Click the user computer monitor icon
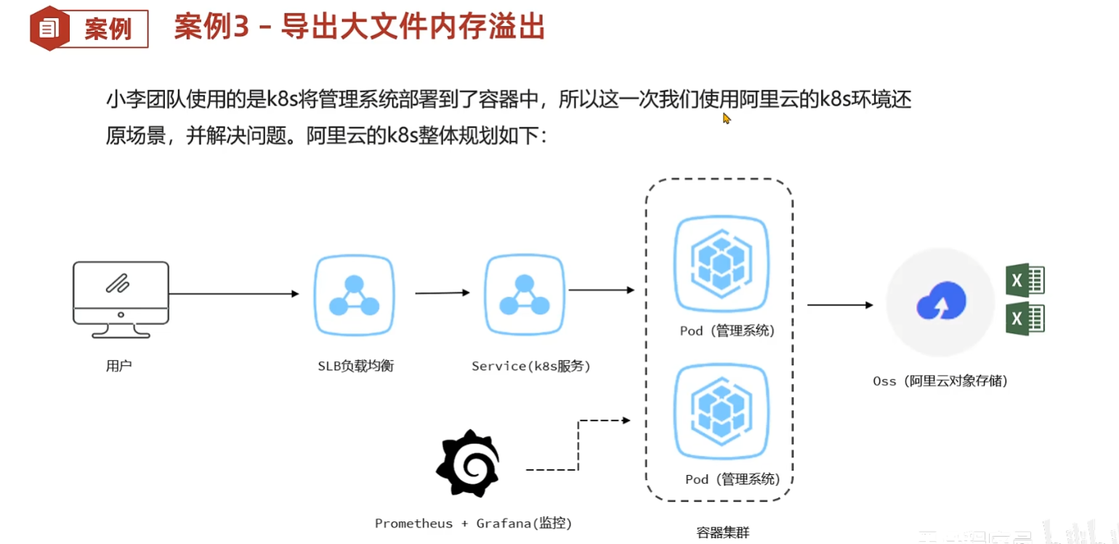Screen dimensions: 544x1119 pos(121,299)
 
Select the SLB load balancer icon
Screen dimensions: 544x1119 pos(354,295)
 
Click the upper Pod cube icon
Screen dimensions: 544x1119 pos(720,263)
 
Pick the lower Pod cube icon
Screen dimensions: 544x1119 pos(720,412)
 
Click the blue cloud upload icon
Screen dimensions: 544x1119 pos(941,301)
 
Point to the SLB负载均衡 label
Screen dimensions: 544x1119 pos(355,366)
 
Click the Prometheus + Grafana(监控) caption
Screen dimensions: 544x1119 pos(473,523)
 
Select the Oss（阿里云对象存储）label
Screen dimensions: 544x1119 pos(940,380)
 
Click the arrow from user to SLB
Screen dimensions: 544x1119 pos(233,294)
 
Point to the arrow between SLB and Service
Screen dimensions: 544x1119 pos(443,293)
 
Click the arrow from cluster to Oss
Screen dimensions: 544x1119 pos(840,305)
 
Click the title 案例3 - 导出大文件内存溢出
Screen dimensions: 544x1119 pos(360,28)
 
